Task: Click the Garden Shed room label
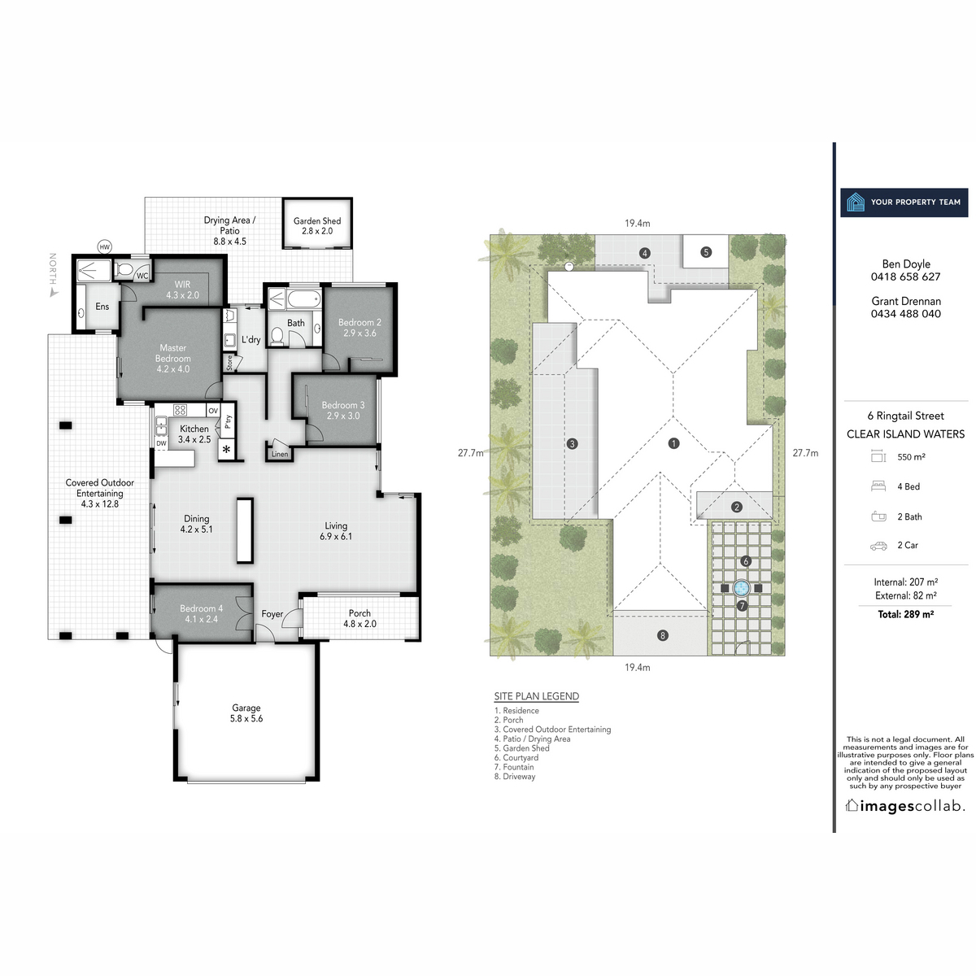tap(317, 221)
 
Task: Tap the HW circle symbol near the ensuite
tap(104, 247)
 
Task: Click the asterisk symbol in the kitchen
tap(226, 450)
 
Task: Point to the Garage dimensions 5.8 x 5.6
tap(246, 719)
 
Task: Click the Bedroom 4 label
tap(201, 608)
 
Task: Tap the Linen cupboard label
tap(280, 455)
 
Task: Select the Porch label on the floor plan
tap(359, 613)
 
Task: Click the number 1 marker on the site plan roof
tap(673, 443)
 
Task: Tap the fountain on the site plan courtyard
tap(741, 587)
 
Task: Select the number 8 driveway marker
tap(663, 635)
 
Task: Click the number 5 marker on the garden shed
tap(706, 252)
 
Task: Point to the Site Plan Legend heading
tap(537, 696)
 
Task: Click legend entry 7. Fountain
tap(514, 767)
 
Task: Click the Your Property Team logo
tap(904, 203)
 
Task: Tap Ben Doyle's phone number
tap(905, 277)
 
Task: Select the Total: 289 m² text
tap(905, 614)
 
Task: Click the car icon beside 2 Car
tap(878, 546)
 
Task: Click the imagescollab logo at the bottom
tap(905, 806)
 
